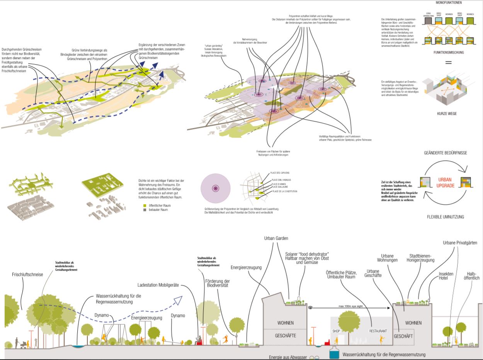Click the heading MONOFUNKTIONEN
coord(448,3)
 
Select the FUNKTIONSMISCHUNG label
coord(448,52)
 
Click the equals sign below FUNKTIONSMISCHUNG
coord(448,62)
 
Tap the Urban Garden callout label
coord(276,238)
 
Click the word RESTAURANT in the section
coord(378,331)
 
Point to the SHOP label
coord(336,331)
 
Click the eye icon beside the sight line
coord(310,308)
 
